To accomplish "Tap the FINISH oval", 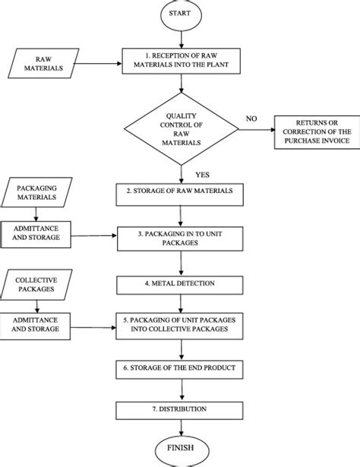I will [x=181, y=447].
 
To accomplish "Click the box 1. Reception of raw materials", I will [x=180, y=61].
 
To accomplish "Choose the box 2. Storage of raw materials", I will [x=180, y=190].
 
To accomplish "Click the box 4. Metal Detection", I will [x=180, y=284].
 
